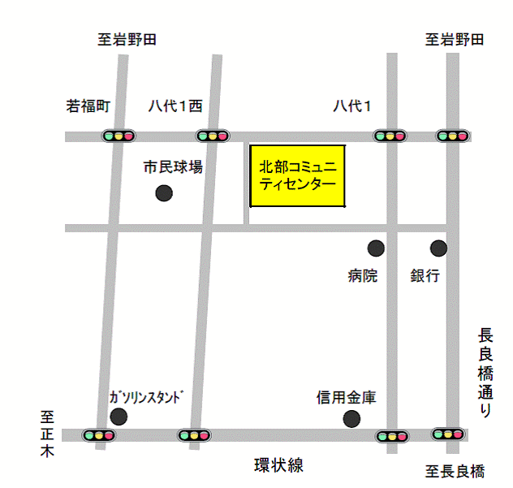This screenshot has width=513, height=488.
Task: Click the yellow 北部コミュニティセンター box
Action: (x=297, y=176)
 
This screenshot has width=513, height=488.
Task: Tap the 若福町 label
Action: (x=89, y=106)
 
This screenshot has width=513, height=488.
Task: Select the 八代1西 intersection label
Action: (x=175, y=106)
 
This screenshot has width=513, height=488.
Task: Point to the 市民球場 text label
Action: (x=173, y=167)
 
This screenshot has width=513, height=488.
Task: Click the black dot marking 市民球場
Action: (x=164, y=193)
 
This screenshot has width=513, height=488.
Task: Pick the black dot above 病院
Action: (x=375, y=248)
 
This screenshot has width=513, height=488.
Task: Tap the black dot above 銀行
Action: (x=438, y=248)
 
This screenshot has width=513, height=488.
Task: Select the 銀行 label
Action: (x=425, y=276)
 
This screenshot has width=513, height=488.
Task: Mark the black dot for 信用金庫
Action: (x=351, y=419)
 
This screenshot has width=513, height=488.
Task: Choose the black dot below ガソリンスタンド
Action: (x=119, y=417)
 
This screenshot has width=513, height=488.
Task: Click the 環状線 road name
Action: (x=278, y=465)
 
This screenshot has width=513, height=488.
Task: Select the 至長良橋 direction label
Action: (x=455, y=471)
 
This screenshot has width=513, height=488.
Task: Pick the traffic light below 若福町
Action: (x=119, y=136)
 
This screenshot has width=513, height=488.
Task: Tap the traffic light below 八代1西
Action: (x=213, y=136)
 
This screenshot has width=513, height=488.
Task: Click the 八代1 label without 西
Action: (x=353, y=106)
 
